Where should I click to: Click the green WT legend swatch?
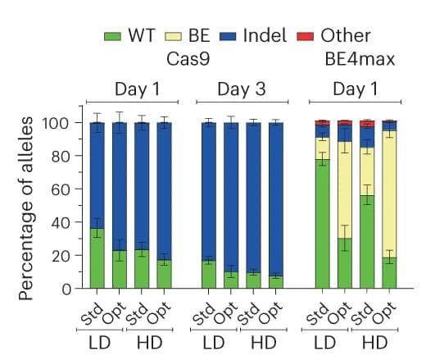pyautogui.click(x=112, y=37)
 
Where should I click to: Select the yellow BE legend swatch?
pyautogui.click(x=173, y=37)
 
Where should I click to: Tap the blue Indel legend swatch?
pyautogui.click(x=228, y=37)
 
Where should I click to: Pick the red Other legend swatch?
pyautogui.click(x=305, y=37)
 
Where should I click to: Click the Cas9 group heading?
pyautogui.click(x=188, y=59)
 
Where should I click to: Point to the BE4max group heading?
pyautogui.click(x=360, y=59)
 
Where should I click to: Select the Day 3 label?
pyautogui.click(x=242, y=89)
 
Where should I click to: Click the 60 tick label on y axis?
pyautogui.click(x=61, y=189)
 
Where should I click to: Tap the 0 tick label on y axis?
pyautogui.click(x=66, y=289)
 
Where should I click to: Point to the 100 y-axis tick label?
pyautogui.click(x=56, y=123)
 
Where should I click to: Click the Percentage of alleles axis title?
pyautogui.click(x=26, y=209)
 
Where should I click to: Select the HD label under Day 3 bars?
pyautogui.click(x=264, y=343)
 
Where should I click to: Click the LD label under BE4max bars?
pyautogui.click(x=324, y=343)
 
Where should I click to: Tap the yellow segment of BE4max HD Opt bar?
pyautogui.click(x=389, y=194)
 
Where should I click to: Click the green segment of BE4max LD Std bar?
pyautogui.click(x=322, y=224)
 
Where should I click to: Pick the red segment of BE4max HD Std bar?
pyautogui.click(x=367, y=124)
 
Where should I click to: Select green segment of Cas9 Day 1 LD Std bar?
pyautogui.click(x=97, y=258)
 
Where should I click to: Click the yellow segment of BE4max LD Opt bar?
pyautogui.click(x=345, y=190)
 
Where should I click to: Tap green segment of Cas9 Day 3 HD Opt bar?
pyautogui.click(x=276, y=282)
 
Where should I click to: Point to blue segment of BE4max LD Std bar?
pyautogui.click(x=322, y=131)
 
